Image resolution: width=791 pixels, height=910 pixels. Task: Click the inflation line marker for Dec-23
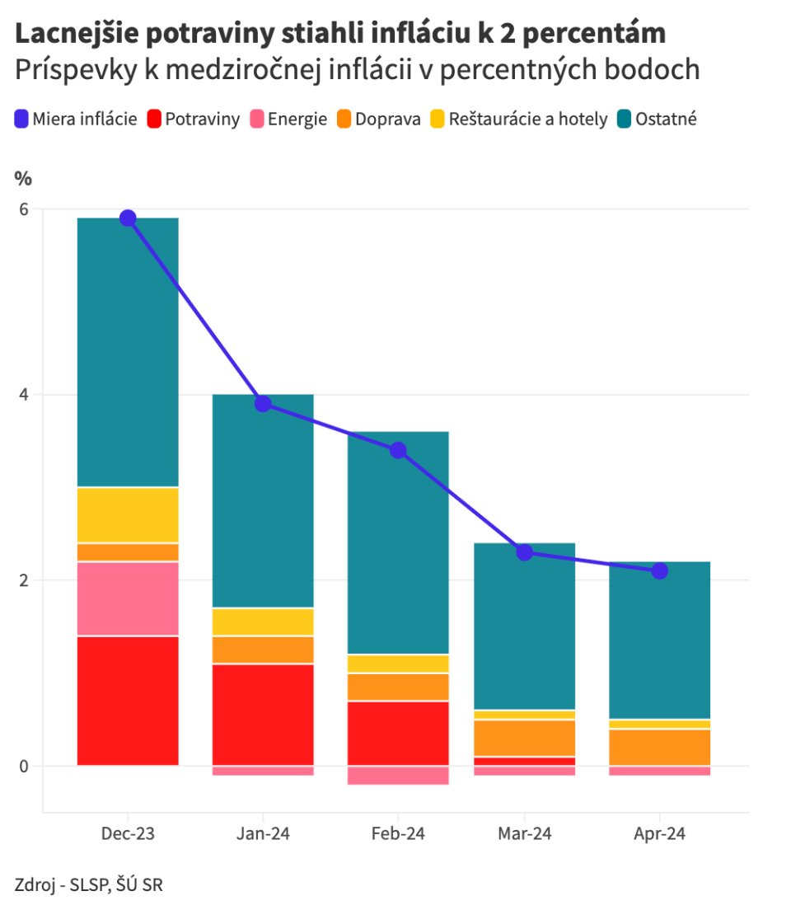(x=128, y=218)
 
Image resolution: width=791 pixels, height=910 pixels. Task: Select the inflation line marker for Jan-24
(x=262, y=403)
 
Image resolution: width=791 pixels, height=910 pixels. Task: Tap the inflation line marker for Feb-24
(x=398, y=450)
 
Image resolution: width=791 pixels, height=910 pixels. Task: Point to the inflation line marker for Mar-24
(x=524, y=552)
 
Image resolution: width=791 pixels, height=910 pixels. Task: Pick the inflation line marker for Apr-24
(x=659, y=570)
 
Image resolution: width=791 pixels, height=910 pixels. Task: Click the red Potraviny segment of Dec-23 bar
(x=128, y=701)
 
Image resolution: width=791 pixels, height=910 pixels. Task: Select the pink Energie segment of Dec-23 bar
(x=128, y=598)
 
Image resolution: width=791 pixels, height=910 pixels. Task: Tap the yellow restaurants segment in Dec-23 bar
(x=128, y=515)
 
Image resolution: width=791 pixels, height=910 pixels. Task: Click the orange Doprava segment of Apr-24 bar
(x=659, y=748)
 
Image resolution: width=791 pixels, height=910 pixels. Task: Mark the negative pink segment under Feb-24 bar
(x=398, y=775)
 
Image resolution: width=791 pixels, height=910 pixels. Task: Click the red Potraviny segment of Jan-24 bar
(x=262, y=714)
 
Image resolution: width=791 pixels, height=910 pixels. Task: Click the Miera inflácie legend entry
(x=76, y=120)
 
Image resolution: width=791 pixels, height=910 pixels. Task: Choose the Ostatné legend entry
(x=660, y=120)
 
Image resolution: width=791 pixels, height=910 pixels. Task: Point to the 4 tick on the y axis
(x=23, y=395)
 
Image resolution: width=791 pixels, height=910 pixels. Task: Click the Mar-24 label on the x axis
(x=524, y=834)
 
